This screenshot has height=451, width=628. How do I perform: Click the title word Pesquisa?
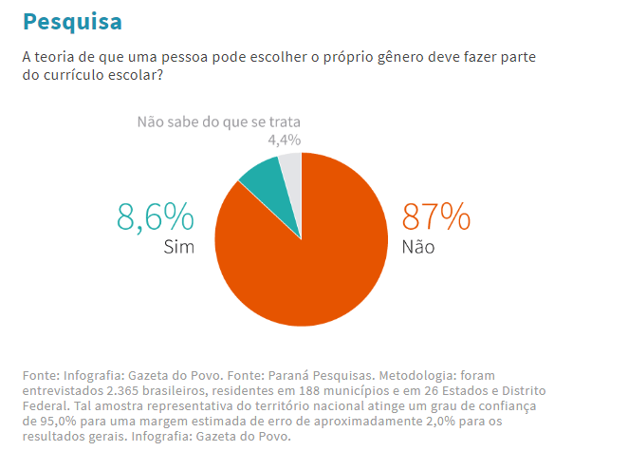71,21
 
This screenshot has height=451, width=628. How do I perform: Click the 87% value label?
436,217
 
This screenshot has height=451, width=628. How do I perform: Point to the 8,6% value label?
156,217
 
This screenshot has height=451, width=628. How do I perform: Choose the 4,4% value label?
284,141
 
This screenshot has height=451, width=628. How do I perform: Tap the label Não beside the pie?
419,248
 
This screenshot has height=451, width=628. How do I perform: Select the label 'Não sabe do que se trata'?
218,122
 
